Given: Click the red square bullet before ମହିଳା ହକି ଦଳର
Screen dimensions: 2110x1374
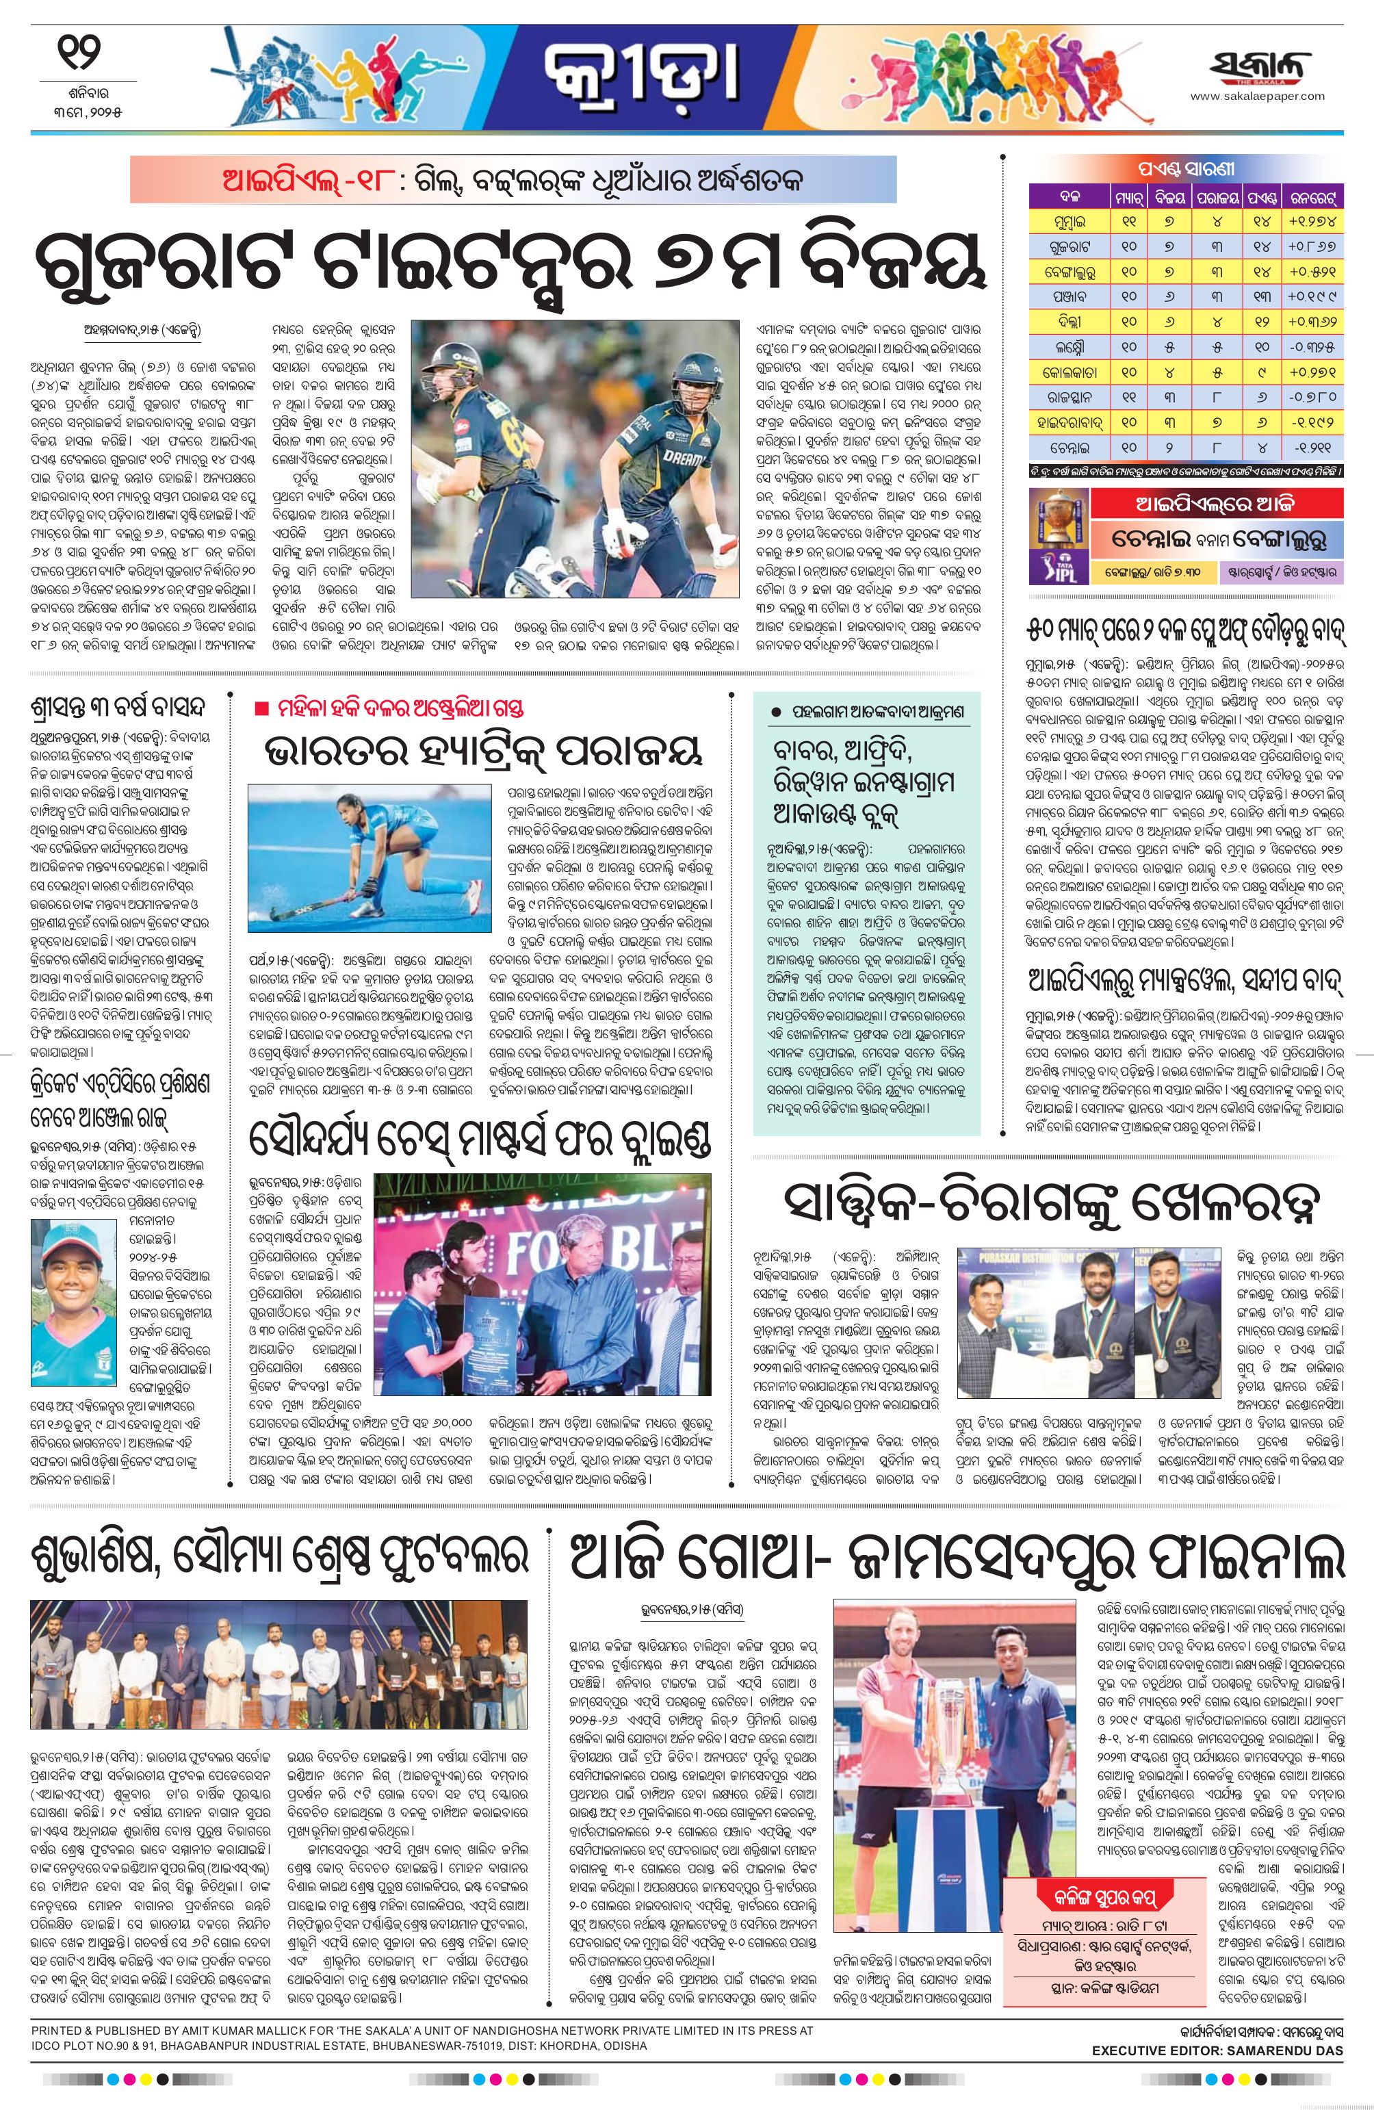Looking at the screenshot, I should (x=260, y=708).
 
